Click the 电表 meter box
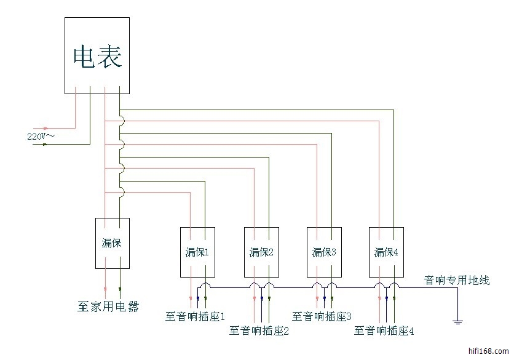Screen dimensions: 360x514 pyautogui.click(x=97, y=55)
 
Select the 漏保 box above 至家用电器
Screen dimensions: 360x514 pyautogui.click(x=112, y=243)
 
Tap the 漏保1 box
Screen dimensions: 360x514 pyautogui.click(x=197, y=252)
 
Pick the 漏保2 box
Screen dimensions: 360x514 pyautogui.click(x=262, y=252)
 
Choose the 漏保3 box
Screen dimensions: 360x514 pyautogui.click(x=325, y=252)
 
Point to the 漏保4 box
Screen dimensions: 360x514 pyautogui.click(x=387, y=252)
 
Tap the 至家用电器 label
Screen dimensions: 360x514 pyautogui.click(x=108, y=306)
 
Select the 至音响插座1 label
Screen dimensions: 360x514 pyautogui.click(x=196, y=317)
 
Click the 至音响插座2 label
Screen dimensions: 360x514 pyautogui.click(x=259, y=331)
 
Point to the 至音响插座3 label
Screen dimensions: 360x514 pyautogui.click(x=322, y=317)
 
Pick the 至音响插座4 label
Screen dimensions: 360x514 pyautogui.click(x=384, y=331)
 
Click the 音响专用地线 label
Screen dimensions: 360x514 pyautogui.click(x=457, y=281)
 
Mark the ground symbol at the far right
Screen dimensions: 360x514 pyautogui.click(x=457, y=320)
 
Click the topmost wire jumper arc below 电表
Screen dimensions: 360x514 pyautogui.click(x=122, y=121)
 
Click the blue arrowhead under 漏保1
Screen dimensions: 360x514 pyautogui.click(x=197, y=301)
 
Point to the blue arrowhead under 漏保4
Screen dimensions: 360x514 pyautogui.click(x=387, y=301)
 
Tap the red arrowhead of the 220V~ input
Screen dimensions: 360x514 pyautogui.click(x=44, y=128)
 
